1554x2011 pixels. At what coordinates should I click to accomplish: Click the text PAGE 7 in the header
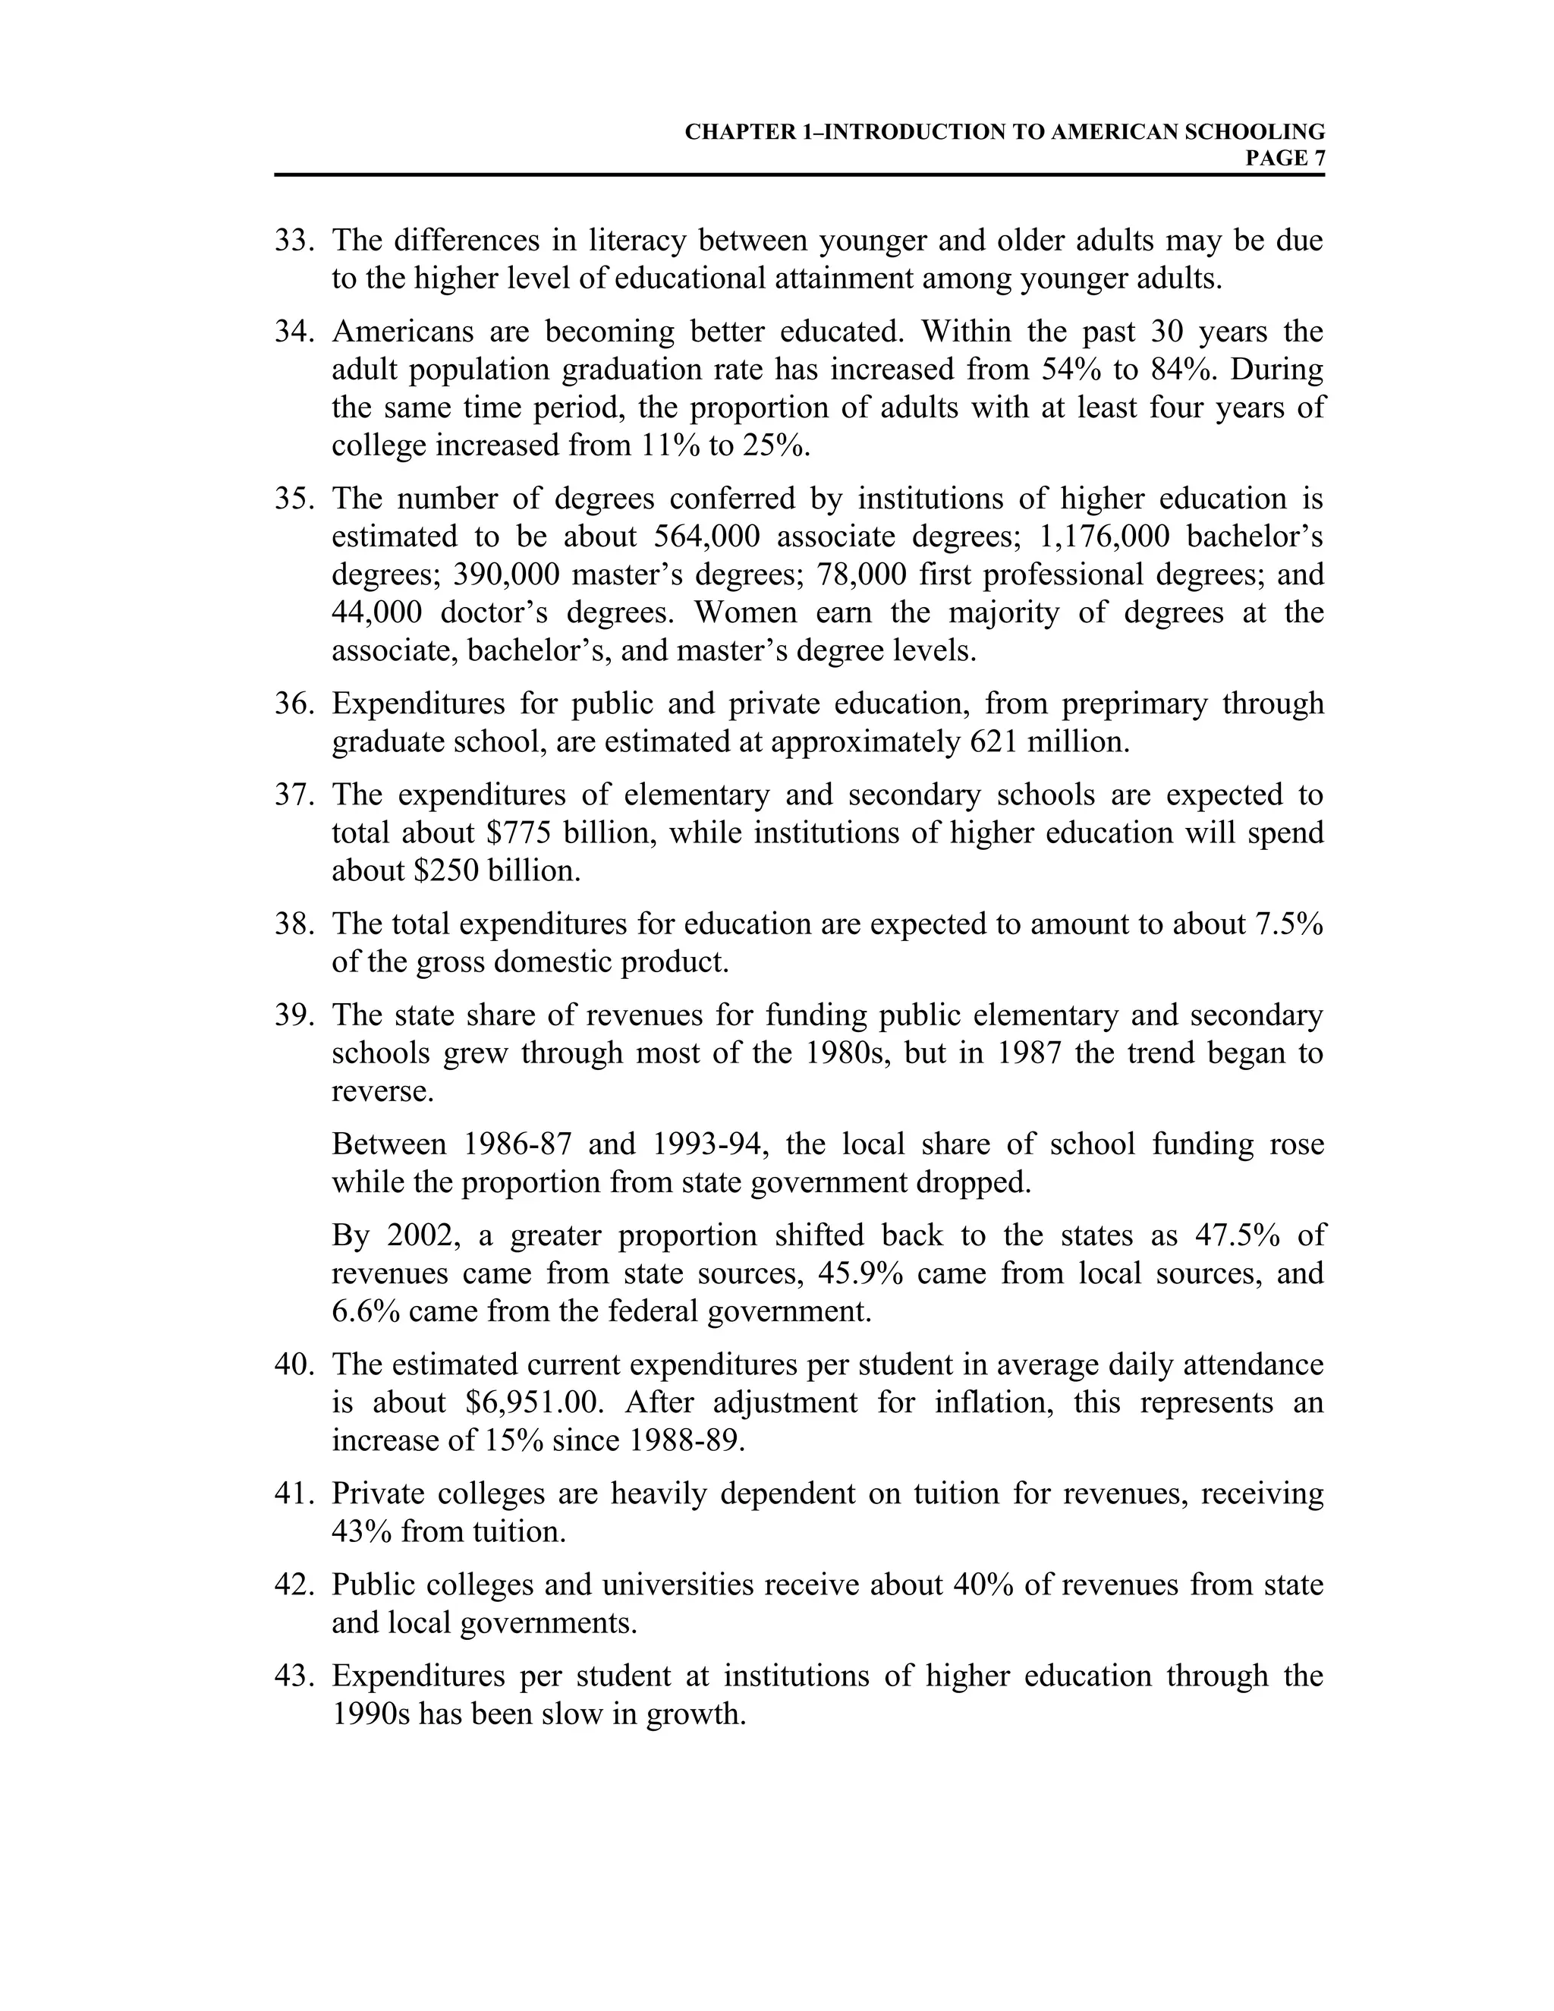pos(1285,159)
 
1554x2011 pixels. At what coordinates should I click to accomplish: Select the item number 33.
pos(294,241)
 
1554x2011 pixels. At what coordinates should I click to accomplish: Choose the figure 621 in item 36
pos(994,741)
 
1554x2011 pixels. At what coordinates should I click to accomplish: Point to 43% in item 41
pos(362,1531)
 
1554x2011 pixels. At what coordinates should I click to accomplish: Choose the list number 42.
pos(294,1585)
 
